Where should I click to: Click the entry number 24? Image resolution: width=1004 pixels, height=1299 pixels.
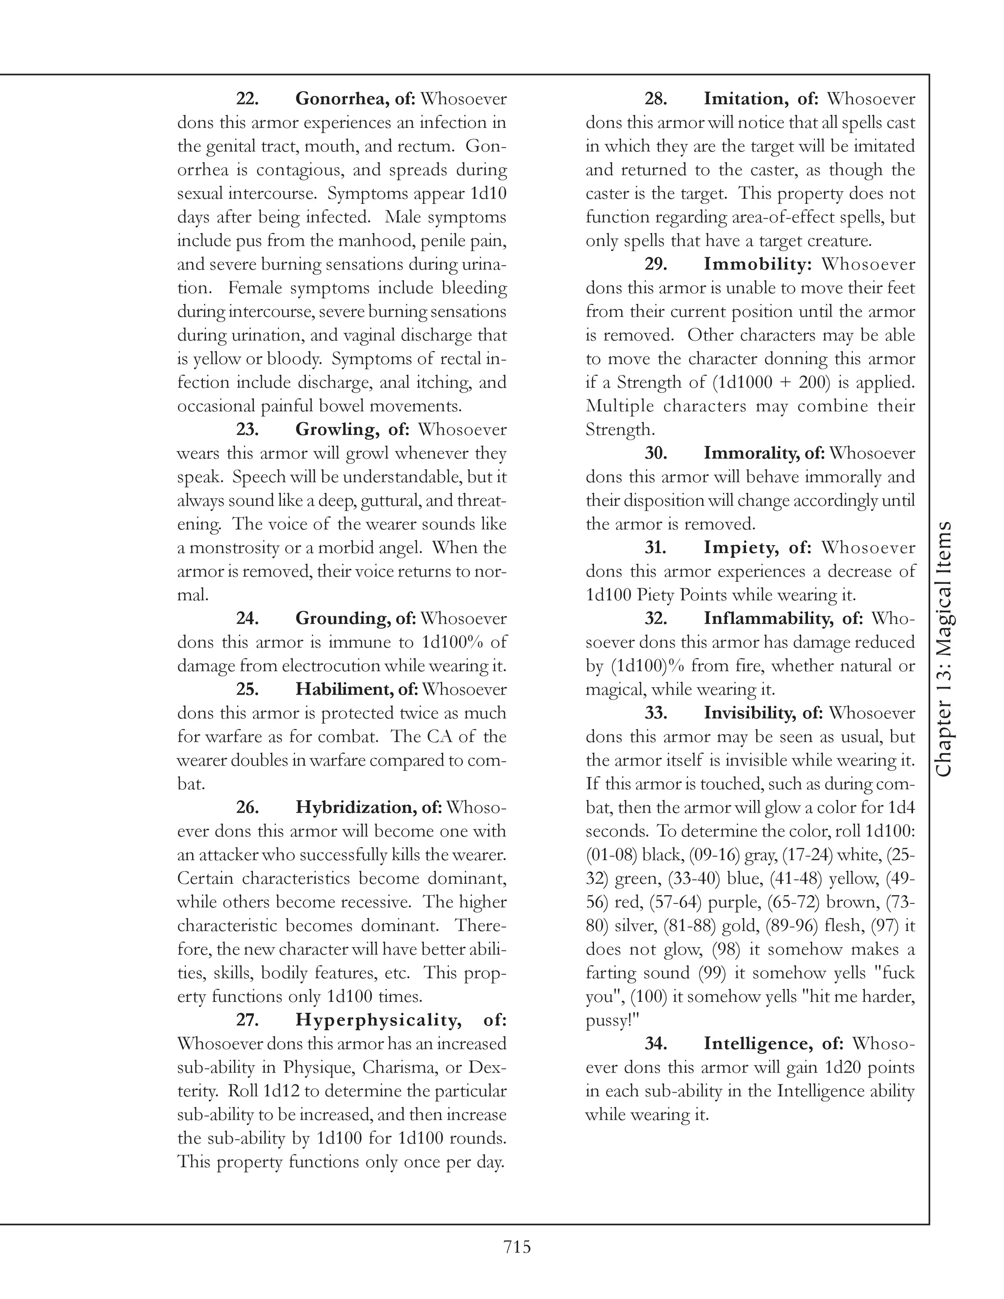(247, 619)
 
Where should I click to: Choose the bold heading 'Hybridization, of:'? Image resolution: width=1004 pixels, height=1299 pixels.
(369, 807)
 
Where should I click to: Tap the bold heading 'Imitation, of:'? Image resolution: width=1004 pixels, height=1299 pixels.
(761, 99)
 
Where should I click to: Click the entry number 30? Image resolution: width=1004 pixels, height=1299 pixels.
(655, 453)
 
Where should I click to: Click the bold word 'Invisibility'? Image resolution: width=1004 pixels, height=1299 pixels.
(751, 713)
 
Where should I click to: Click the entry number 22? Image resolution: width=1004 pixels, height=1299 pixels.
(247, 99)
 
